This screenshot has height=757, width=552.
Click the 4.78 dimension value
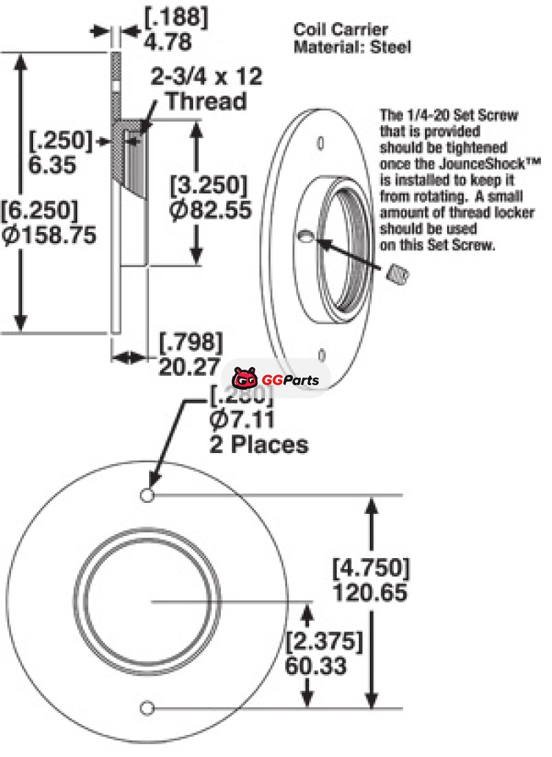(168, 41)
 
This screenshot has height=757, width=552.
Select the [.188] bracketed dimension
(176, 17)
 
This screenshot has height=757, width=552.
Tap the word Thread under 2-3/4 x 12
(207, 101)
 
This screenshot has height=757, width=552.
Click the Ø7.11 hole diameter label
(242, 419)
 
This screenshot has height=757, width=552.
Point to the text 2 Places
(258, 444)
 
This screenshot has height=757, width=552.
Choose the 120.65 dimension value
(369, 592)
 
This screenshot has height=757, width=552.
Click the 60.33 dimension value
(315, 666)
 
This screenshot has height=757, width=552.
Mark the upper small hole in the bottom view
(146, 495)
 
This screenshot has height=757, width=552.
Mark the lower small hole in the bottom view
(146, 707)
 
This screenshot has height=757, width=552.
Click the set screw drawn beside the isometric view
(399, 276)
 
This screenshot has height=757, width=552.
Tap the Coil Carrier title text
(341, 29)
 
